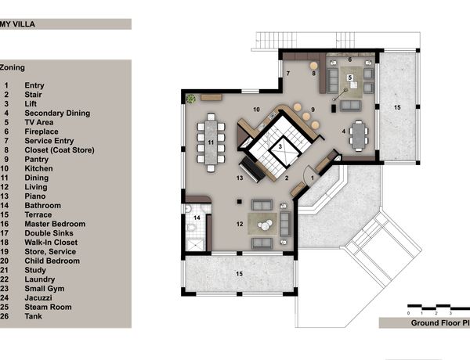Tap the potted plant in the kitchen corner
(190, 99)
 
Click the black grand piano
(251, 169)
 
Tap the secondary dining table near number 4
(358, 136)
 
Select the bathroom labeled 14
(196, 228)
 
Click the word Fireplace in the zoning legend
(42, 131)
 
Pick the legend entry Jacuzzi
(38, 297)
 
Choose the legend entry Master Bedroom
(55, 224)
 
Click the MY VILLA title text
(17, 24)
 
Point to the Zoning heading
(13, 67)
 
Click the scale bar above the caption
(439, 307)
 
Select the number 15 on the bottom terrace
(239, 274)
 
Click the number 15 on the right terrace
(397, 107)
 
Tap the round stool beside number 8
(313, 66)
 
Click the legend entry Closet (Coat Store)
(60, 150)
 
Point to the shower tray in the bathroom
(195, 245)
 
